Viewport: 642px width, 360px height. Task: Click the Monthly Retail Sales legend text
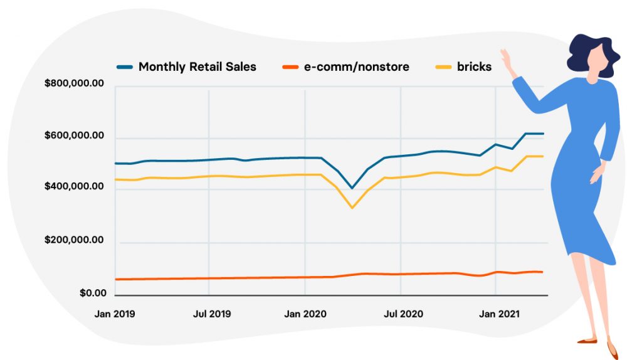pos(197,66)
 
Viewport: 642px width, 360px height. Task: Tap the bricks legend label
pos(474,66)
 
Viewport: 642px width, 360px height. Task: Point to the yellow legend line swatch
pos(443,66)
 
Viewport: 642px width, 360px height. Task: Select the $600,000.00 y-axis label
pos(74,136)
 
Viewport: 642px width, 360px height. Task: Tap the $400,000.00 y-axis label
pos(74,187)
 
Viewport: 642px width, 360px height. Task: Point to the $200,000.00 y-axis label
pos(74,240)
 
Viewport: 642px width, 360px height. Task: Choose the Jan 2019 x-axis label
pos(115,314)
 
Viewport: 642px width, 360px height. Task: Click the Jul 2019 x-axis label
pos(209,314)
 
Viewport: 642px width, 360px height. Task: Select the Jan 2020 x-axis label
pos(305,314)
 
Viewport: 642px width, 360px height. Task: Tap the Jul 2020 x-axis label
pos(401,314)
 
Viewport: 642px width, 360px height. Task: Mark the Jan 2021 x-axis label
pos(496,314)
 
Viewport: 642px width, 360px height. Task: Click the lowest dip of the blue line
pos(352,188)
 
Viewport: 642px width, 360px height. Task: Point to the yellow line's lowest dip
pos(352,208)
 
